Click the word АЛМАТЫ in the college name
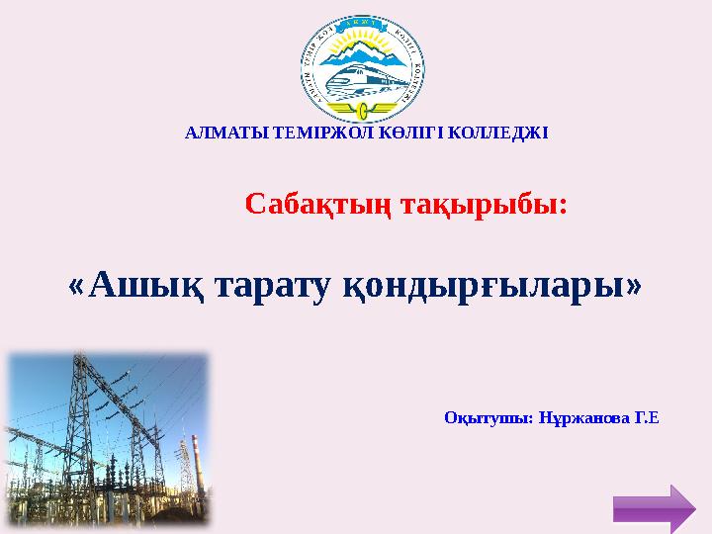tap(214, 133)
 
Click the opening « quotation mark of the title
tap(76, 287)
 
